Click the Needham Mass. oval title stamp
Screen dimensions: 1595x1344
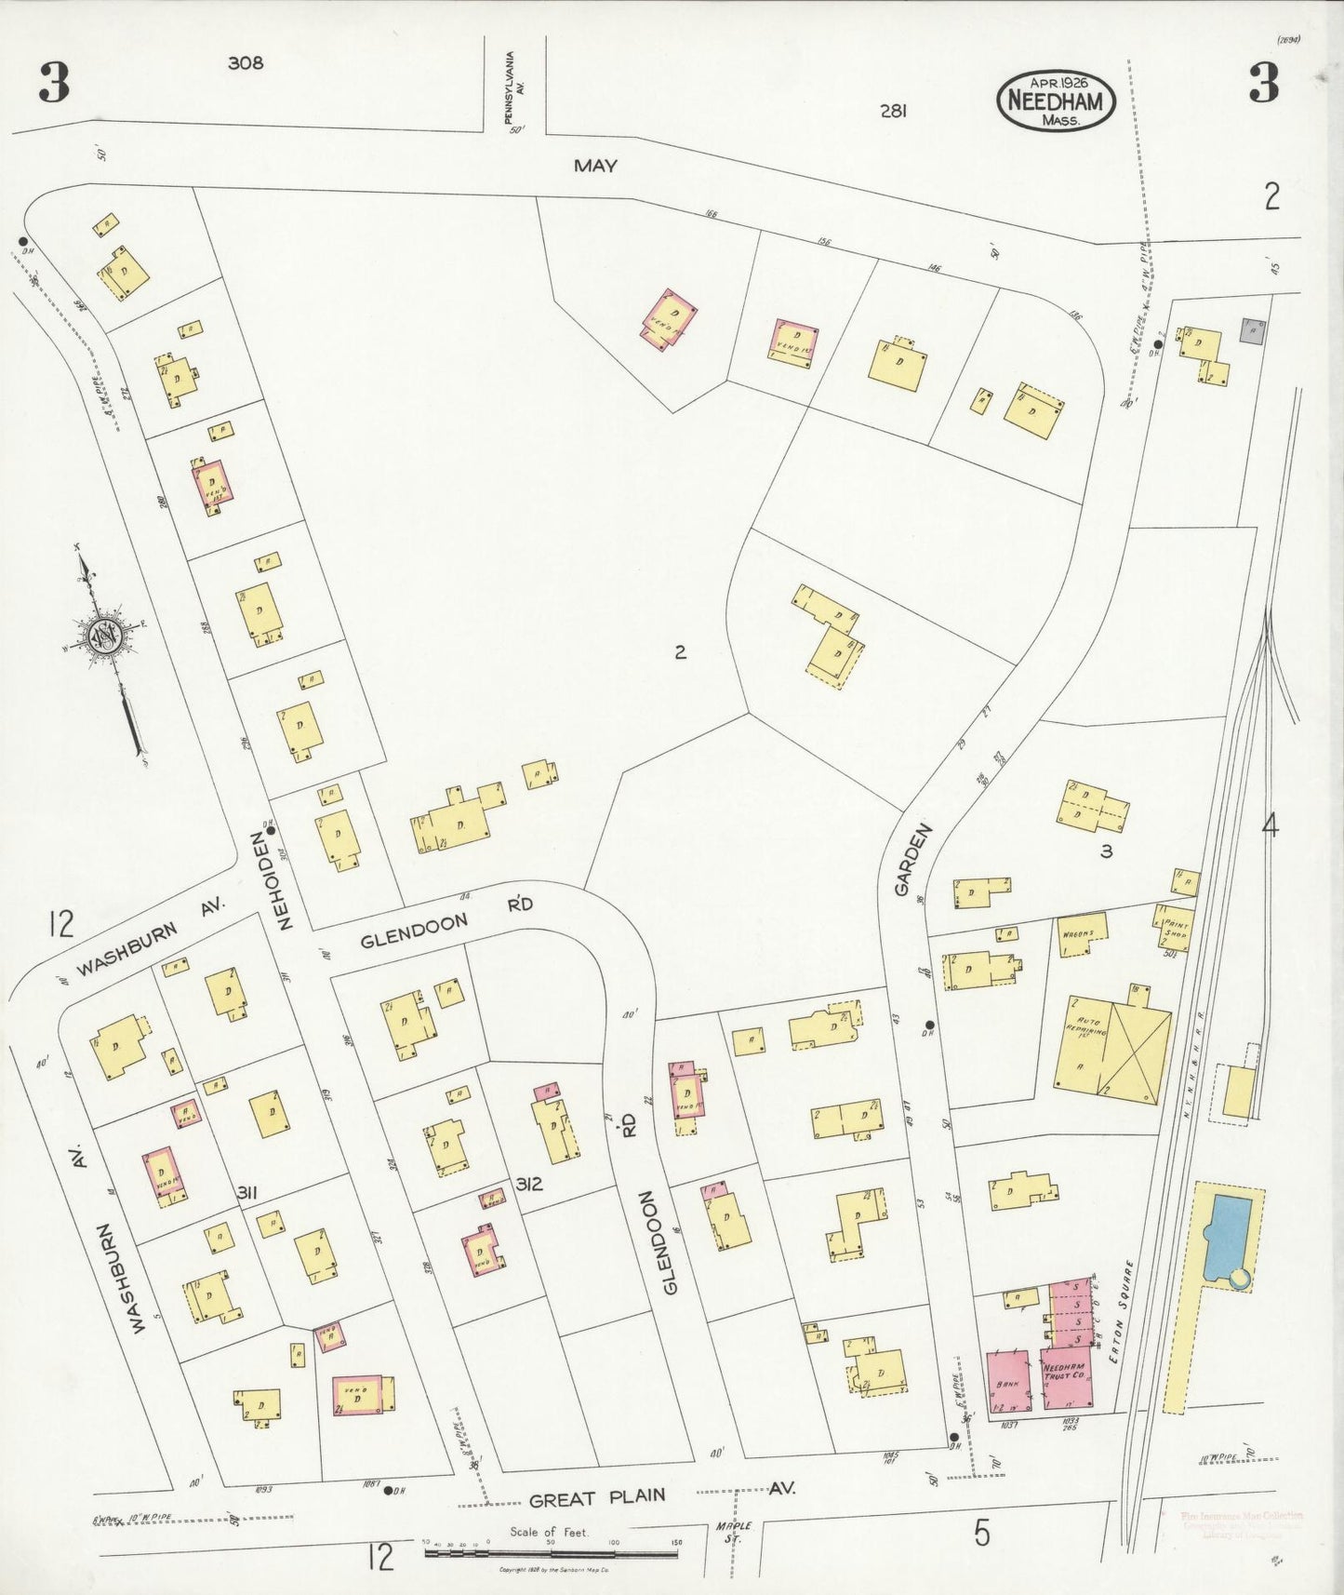(1056, 101)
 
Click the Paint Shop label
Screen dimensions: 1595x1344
(1174, 928)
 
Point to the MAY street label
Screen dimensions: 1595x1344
(595, 167)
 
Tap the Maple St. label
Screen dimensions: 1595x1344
(734, 1532)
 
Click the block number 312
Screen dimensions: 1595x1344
(529, 1186)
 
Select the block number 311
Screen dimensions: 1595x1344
(246, 1192)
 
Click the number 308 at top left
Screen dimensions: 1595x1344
(246, 63)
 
